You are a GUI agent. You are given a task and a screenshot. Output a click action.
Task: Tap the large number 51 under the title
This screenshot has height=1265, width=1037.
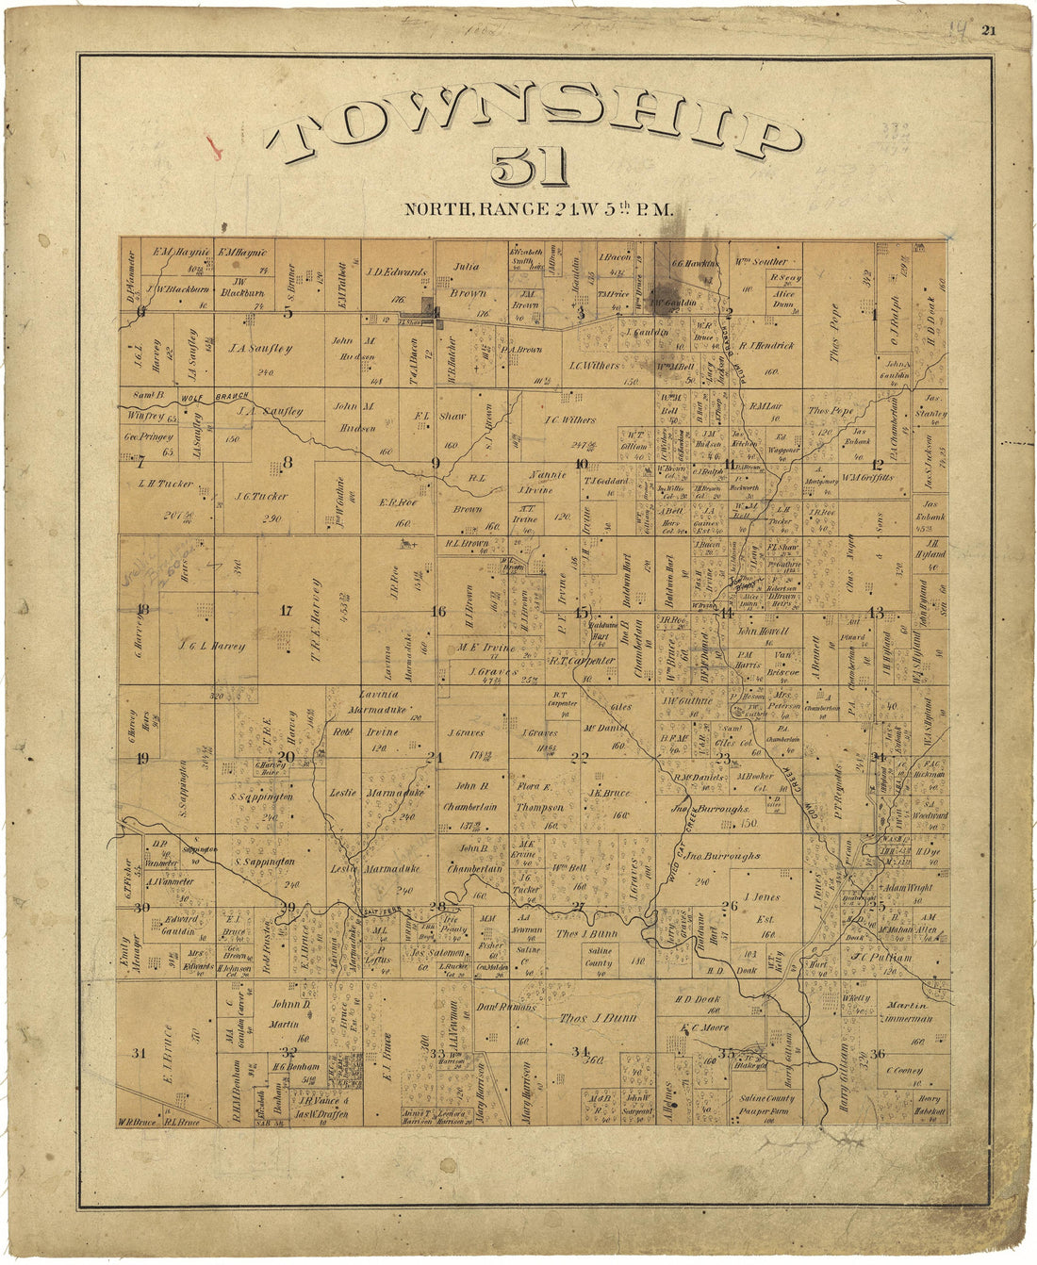click(530, 168)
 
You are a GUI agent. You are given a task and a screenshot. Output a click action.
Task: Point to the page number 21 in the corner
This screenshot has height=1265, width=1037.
click(988, 30)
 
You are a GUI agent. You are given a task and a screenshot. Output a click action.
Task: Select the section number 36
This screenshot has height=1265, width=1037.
click(878, 1053)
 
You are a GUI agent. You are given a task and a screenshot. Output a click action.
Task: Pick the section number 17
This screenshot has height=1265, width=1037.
click(286, 610)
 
